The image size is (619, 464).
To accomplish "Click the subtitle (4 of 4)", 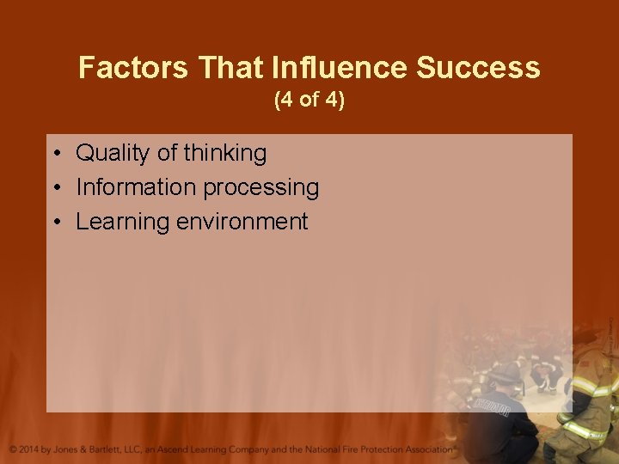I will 309,101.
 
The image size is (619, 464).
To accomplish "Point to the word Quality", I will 113,153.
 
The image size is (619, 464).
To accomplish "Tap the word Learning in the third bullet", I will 123,222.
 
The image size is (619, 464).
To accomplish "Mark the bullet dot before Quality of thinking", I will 54,154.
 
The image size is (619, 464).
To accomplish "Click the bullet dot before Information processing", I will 54,188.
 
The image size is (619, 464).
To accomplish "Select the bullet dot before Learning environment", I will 54,223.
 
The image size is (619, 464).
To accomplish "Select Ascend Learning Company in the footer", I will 211,449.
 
